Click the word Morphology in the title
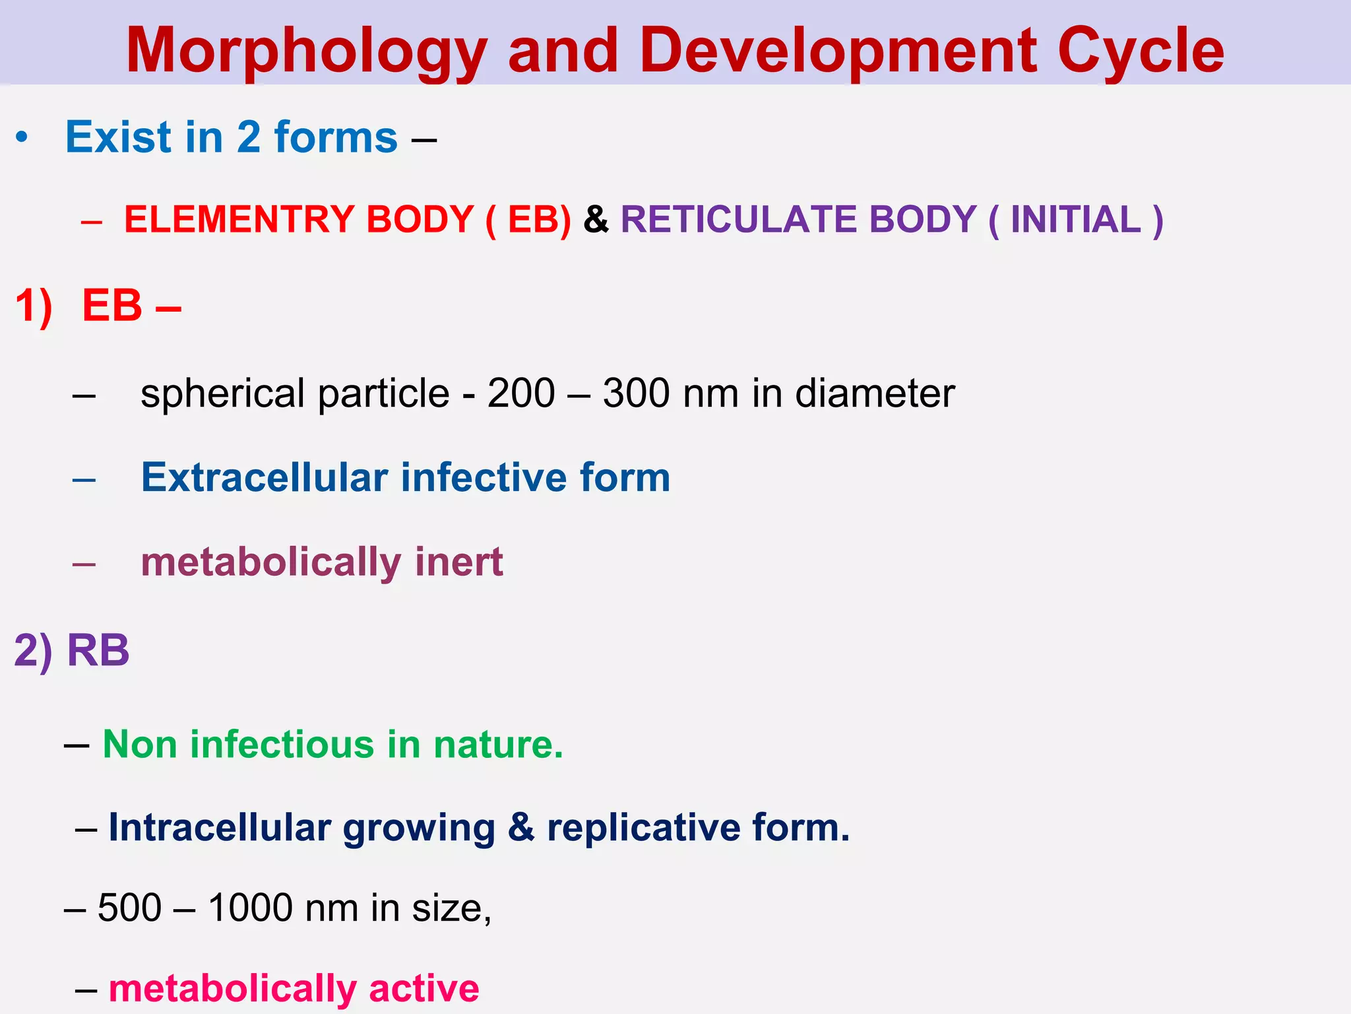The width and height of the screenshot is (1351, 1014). tap(306, 51)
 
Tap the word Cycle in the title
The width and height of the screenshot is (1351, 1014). tap(1141, 51)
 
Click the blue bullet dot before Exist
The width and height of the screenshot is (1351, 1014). tap(22, 138)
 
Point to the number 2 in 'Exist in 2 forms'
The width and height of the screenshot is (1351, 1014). tap(248, 137)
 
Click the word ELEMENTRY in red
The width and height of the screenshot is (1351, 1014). tap(239, 219)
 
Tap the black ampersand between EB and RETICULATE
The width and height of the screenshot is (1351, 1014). tap(596, 219)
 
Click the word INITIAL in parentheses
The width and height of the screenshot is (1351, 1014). tap(1075, 219)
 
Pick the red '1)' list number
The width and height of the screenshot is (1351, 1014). tap(33, 306)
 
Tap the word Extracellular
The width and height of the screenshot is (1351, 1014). tap(265, 477)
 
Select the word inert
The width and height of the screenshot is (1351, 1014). tap(459, 562)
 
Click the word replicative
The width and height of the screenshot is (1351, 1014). tap(643, 828)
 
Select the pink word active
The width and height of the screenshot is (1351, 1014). tap(424, 989)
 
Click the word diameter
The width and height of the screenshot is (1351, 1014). tap(875, 393)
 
